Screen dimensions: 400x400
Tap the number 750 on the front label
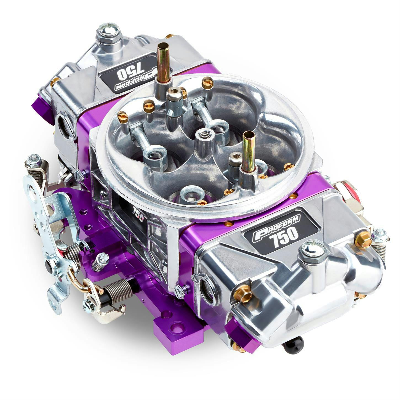[284, 234]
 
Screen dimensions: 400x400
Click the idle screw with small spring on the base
[100, 262]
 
